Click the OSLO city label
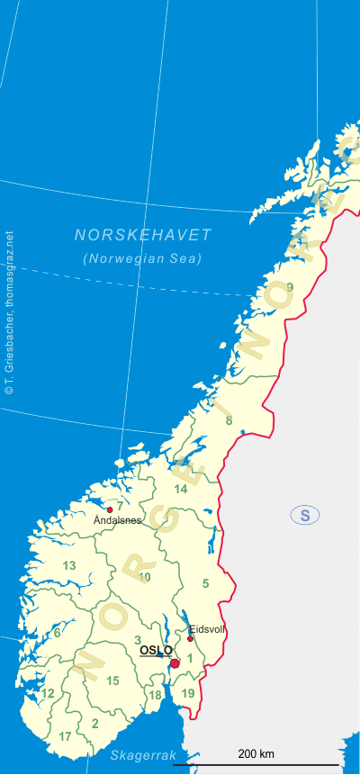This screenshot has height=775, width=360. tap(156, 650)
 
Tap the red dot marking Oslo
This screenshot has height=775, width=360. tap(175, 663)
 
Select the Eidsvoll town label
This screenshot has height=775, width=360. tap(206, 630)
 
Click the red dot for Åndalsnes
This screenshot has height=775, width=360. tap(110, 509)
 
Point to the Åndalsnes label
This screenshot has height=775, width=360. tap(117, 520)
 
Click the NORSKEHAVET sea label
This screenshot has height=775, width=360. tap(143, 235)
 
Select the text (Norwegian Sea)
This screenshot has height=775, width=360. tap(143, 258)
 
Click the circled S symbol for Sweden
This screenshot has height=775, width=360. tap(305, 515)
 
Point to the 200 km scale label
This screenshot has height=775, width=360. tap(256, 753)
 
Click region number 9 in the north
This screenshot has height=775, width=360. tap(290, 287)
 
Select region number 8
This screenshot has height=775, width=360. tap(229, 420)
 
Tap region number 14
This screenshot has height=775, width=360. tap(181, 489)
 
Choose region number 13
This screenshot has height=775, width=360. tap(69, 565)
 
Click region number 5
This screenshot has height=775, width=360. tap(205, 583)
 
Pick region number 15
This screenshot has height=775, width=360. tap(112, 680)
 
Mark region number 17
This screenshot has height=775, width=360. tap(65, 736)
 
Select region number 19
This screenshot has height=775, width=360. tap(187, 693)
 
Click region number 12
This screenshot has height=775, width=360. tap(48, 693)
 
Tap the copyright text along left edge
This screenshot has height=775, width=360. tap(9, 314)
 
